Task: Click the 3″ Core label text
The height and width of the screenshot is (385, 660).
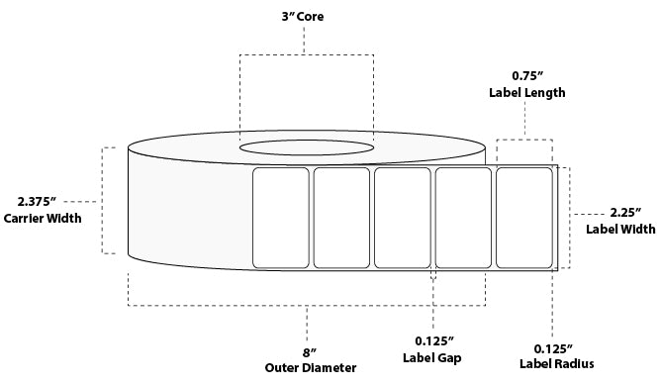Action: pos(302,17)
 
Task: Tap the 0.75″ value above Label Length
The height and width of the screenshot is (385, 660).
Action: pos(527,76)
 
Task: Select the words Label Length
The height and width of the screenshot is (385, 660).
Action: pos(527,93)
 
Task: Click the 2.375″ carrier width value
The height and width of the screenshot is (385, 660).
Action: pos(37,201)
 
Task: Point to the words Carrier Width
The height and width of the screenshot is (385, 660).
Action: pos(43,218)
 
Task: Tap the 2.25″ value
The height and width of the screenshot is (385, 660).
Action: pos(625,213)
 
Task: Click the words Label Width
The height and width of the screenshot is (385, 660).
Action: pos(620,230)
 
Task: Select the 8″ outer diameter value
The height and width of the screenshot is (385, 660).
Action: pos(310,351)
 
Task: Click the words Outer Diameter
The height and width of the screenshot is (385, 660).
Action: pos(311,368)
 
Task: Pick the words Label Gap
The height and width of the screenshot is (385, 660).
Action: pos(432,358)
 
